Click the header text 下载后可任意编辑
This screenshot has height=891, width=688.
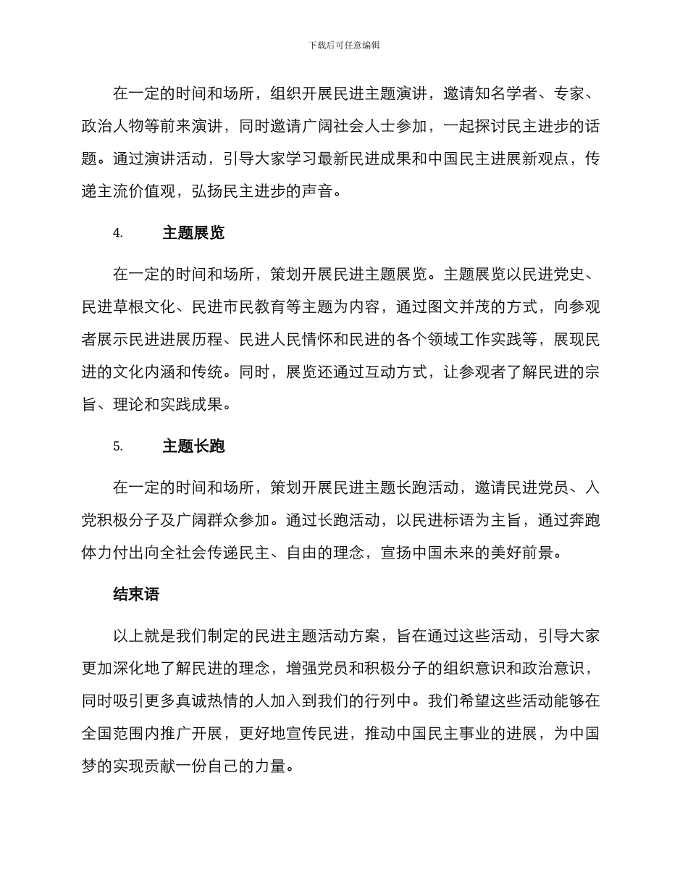click(344, 45)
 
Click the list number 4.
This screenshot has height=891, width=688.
click(117, 233)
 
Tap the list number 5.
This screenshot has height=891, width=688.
click(117, 446)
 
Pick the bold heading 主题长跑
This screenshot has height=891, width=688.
click(193, 446)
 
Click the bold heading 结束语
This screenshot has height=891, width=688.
click(136, 595)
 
